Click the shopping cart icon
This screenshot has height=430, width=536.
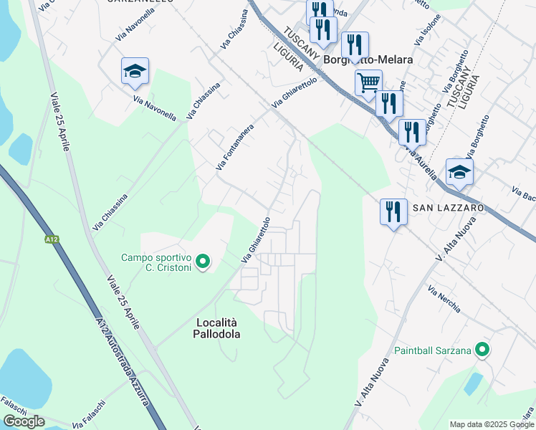368,82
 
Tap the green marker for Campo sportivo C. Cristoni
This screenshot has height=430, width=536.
204,262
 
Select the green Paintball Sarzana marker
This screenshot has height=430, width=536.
483,350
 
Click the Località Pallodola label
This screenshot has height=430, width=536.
217,328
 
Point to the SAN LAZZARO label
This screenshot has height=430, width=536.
448,207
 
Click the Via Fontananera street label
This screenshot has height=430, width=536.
235,145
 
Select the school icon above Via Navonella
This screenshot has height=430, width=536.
135,70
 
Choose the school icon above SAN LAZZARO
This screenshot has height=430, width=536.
459,171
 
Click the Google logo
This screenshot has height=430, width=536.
24,421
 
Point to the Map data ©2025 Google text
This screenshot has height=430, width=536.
492,424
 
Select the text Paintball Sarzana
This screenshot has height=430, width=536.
433,350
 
